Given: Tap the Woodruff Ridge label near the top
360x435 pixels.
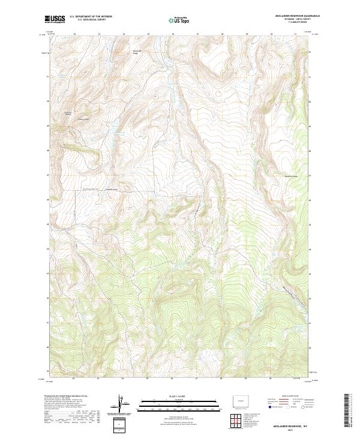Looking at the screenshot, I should click(137, 52).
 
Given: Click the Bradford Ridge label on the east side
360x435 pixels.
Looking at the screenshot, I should click(290, 176).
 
